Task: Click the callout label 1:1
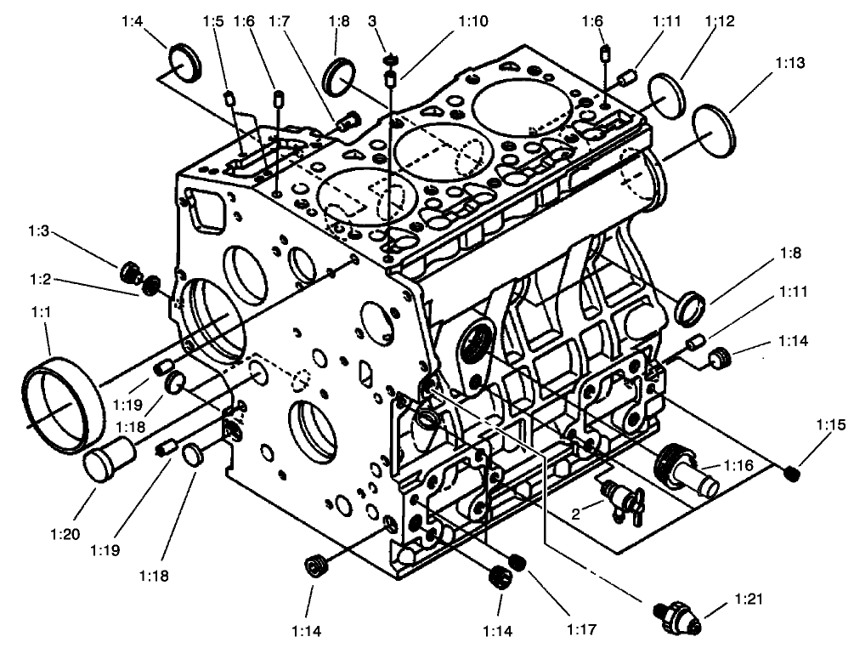point(42,313)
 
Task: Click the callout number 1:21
point(749,602)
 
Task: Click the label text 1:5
point(212,19)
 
